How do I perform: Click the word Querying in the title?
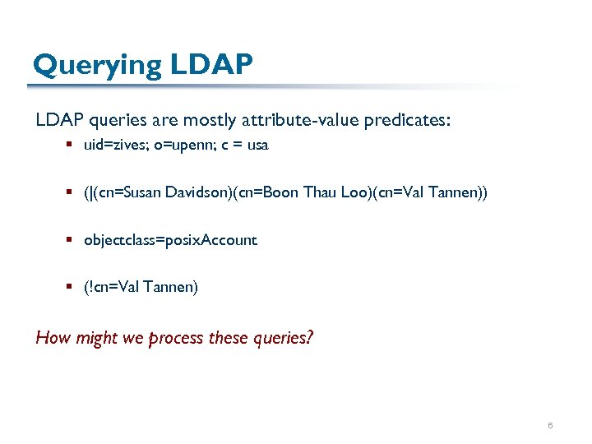[96, 65]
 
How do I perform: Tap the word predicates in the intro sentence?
[410, 120]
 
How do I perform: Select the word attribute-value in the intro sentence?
[291, 120]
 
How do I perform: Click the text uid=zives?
[112, 146]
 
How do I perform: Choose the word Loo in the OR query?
[355, 192]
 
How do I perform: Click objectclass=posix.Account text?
[170, 240]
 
